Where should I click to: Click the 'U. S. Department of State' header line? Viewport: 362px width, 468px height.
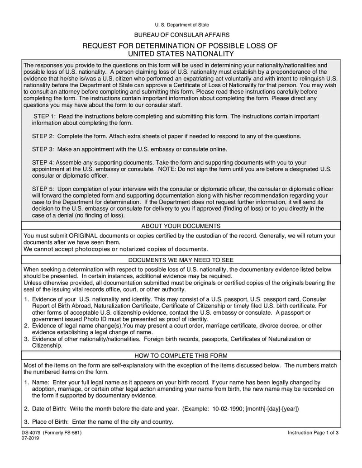tap(181, 24)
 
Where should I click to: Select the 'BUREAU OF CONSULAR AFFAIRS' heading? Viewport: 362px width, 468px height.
tap(181, 35)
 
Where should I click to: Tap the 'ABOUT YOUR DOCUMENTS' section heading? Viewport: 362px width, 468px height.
tap(181, 226)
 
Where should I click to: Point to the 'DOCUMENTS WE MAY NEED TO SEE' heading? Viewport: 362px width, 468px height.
tap(181, 260)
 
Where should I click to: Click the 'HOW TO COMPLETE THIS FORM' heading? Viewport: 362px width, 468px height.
tap(181, 355)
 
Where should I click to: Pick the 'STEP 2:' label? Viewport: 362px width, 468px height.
tap(43, 136)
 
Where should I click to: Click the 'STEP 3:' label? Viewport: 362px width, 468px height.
tap(43, 149)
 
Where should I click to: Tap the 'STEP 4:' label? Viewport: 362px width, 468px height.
tap(43, 162)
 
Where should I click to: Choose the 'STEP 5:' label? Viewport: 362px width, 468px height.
tap(43, 189)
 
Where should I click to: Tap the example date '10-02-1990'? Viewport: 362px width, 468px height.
tap(228, 408)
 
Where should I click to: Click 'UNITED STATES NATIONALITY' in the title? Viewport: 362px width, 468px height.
tap(181, 54)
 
